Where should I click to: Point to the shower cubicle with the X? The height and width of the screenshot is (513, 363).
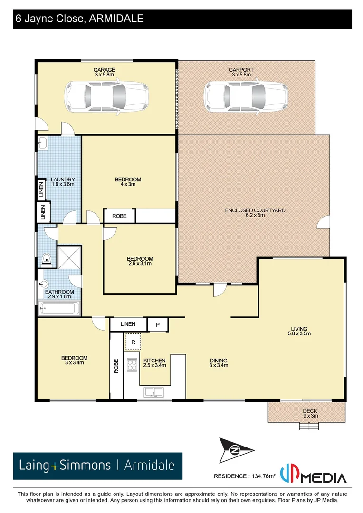[69, 257]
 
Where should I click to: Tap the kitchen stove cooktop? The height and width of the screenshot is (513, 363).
[132, 364]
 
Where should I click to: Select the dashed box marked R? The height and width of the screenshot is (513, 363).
[134, 342]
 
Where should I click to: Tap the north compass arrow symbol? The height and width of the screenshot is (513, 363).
[236, 450]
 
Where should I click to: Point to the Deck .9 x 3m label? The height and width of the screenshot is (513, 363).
[310, 413]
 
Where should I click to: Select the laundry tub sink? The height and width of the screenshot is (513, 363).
[43, 142]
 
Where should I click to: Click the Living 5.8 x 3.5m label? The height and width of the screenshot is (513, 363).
[299, 331]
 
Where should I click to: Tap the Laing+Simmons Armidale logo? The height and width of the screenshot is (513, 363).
[98, 465]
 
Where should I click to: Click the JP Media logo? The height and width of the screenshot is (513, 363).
[314, 475]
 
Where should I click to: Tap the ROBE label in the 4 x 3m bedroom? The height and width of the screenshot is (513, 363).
[119, 216]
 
